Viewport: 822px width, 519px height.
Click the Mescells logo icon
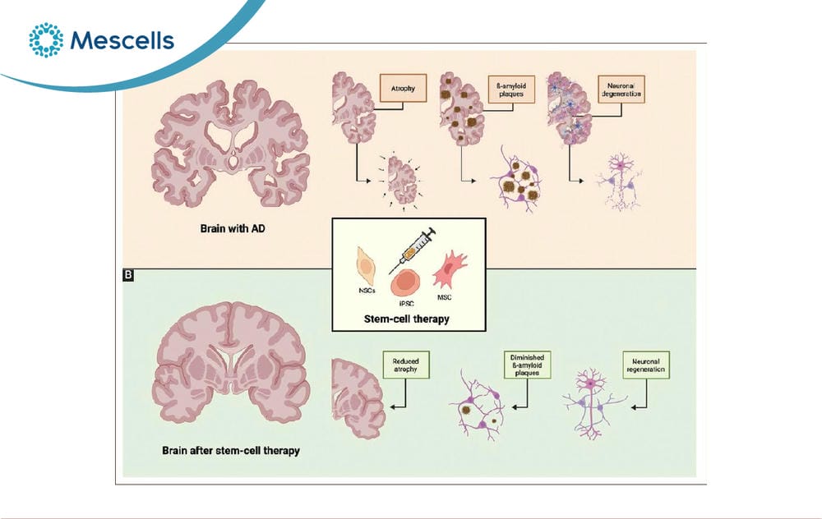coord(46,39)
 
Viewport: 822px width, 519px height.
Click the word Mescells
coord(122,40)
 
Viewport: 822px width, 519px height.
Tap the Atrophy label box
coord(403,88)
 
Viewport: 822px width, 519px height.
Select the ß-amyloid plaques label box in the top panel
coord(511,89)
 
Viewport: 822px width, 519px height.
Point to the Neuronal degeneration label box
coord(621,89)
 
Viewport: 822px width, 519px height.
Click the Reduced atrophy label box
coord(406,365)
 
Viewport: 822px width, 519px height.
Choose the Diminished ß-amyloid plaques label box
coord(528,365)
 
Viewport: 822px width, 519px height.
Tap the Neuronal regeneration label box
coord(646,365)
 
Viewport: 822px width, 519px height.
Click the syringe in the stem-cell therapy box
coord(412,250)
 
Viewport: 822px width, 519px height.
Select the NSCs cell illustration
coord(366,267)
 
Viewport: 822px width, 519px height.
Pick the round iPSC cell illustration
coord(405,282)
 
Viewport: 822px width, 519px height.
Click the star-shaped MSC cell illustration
coord(450,269)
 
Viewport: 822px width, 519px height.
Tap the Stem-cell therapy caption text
coord(407,319)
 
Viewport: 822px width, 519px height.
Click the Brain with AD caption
coord(233,228)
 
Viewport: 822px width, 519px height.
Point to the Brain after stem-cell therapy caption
coord(231,450)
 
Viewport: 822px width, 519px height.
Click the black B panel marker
coord(128,274)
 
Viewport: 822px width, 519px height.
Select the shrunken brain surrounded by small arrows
coord(402,181)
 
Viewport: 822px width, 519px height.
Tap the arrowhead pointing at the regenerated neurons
coord(634,407)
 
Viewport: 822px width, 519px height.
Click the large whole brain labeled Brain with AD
coord(231,143)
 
